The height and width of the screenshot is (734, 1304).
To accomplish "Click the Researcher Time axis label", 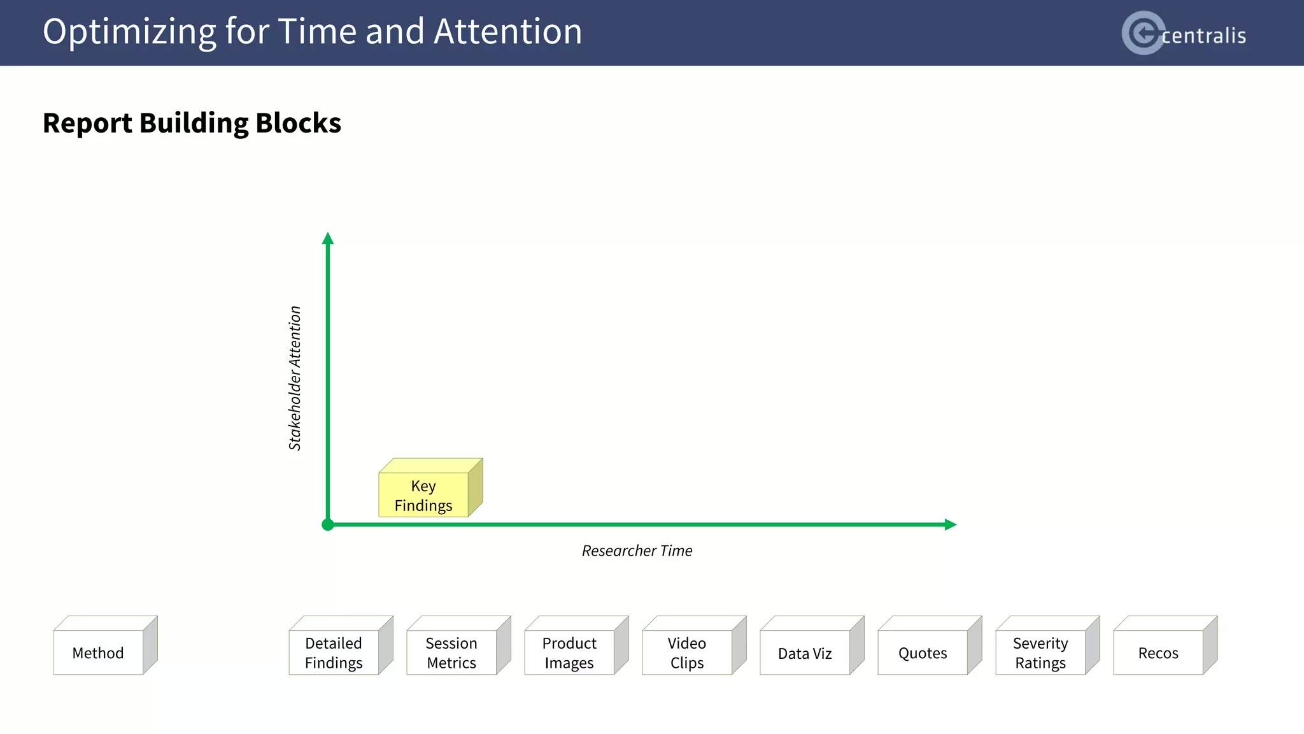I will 637,550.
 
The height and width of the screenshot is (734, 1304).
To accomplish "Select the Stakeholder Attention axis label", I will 295,378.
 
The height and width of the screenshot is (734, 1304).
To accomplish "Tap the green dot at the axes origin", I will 328,525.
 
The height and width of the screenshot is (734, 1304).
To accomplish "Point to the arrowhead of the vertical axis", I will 328,239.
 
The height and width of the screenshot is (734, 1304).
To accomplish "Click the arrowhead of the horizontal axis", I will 950,524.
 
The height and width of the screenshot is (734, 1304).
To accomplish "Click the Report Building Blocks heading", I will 192,123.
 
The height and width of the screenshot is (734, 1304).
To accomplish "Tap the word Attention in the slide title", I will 507,31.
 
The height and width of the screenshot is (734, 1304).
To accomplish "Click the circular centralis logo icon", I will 1143,32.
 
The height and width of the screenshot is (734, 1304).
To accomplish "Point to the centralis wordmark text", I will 1203,36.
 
